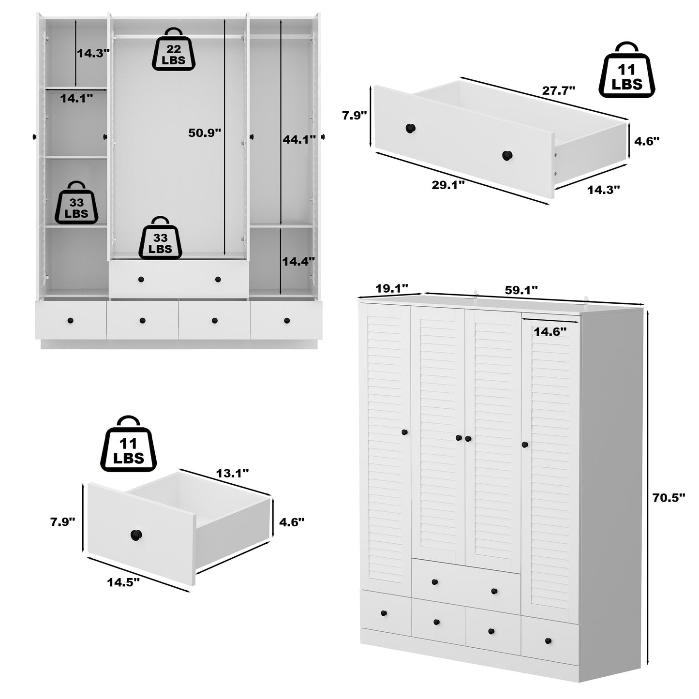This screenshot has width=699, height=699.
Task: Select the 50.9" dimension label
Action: pos(204,133)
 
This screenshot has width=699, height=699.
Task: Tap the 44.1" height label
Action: pos(298,138)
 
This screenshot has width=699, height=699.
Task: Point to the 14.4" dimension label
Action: pos(298,262)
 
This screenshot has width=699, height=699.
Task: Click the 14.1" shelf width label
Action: pos(76,99)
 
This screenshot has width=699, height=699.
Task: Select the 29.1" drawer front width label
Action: pos(448,184)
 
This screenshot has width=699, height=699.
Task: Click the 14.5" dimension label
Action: pos(123,581)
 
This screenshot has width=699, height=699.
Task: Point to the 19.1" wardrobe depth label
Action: pos(391,288)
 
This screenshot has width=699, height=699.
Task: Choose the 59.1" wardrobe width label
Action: pos(521,290)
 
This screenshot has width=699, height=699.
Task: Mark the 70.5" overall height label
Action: pos(669,498)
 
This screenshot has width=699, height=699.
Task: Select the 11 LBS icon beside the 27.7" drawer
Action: pos(626,71)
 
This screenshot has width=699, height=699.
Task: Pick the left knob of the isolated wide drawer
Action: pos(410,129)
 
